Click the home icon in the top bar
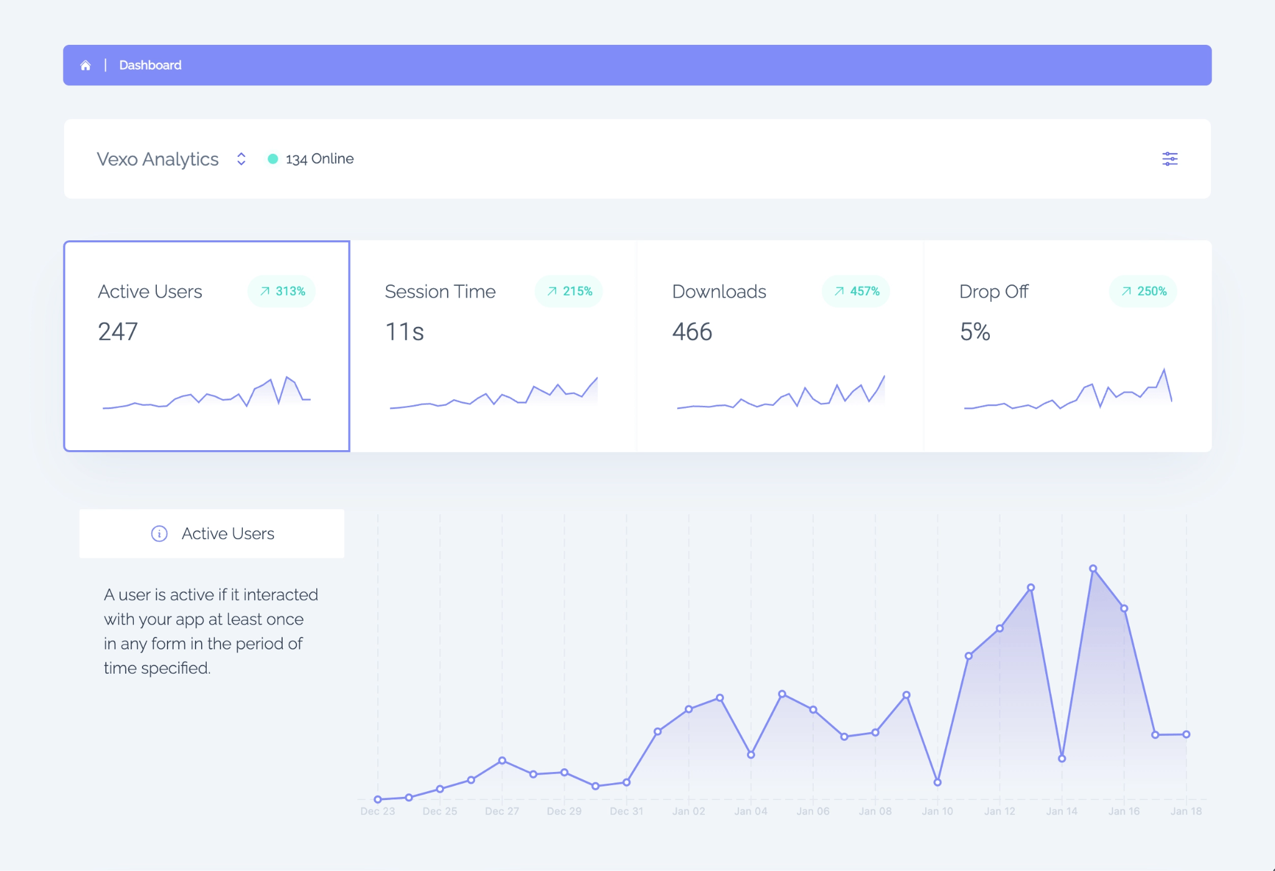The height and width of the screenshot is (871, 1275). click(x=85, y=65)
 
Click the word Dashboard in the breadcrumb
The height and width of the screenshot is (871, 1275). click(x=150, y=65)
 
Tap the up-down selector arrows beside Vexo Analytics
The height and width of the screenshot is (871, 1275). click(x=241, y=159)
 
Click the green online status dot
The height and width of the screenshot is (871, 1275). click(x=273, y=159)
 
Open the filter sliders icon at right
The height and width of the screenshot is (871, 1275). click(x=1170, y=159)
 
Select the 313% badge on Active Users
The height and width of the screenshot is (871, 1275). click(x=282, y=291)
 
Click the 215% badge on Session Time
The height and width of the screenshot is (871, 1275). click(x=569, y=291)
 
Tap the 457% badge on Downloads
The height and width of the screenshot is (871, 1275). click(x=856, y=291)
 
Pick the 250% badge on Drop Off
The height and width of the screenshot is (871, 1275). click(x=1143, y=291)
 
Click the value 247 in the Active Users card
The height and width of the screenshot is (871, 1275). click(x=118, y=332)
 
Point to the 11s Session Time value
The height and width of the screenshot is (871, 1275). click(x=405, y=332)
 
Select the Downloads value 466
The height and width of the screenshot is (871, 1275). click(x=692, y=332)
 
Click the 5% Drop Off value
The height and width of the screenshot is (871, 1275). click(x=975, y=332)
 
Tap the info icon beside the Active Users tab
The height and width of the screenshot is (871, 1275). click(x=159, y=534)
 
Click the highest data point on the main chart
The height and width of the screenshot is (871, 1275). click(x=1093, y=568)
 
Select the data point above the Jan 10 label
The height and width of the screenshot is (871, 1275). click(x=937, y=783)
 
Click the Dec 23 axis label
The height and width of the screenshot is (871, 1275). click(x=377, y=811)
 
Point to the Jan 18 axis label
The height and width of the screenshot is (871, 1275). click(x=1186, y=811)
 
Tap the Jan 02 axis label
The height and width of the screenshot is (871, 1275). click(x=689, y=811)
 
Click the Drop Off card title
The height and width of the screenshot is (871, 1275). click(x=994, y=291)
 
